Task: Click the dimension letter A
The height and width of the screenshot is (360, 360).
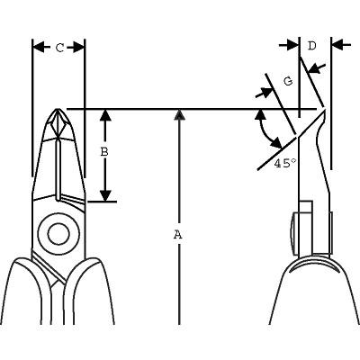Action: coord(178,235)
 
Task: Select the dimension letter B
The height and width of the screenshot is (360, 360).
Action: coord(104,152)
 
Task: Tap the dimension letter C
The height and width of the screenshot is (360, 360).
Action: coord(60,48)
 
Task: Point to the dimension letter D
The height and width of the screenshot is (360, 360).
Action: coord(312,46)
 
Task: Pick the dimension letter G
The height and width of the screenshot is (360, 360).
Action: coord(288,81)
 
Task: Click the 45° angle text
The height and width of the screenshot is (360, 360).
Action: coord(284,163)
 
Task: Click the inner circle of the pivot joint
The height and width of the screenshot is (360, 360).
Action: coord(58,234)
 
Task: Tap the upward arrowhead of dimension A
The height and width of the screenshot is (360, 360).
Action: coord(179,114)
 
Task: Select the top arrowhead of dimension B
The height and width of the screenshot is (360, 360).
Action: coord(105,115)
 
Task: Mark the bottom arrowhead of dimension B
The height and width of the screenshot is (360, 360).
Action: coord(105,195)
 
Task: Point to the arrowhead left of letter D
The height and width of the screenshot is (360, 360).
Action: coord(291,45)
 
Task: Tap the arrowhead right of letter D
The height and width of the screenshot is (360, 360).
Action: coord(340,45)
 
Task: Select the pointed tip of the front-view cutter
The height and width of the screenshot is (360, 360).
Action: coord(58,109)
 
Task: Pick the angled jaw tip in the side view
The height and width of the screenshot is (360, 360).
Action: coord(324,112)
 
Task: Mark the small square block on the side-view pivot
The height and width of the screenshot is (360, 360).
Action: coord(306,207)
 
